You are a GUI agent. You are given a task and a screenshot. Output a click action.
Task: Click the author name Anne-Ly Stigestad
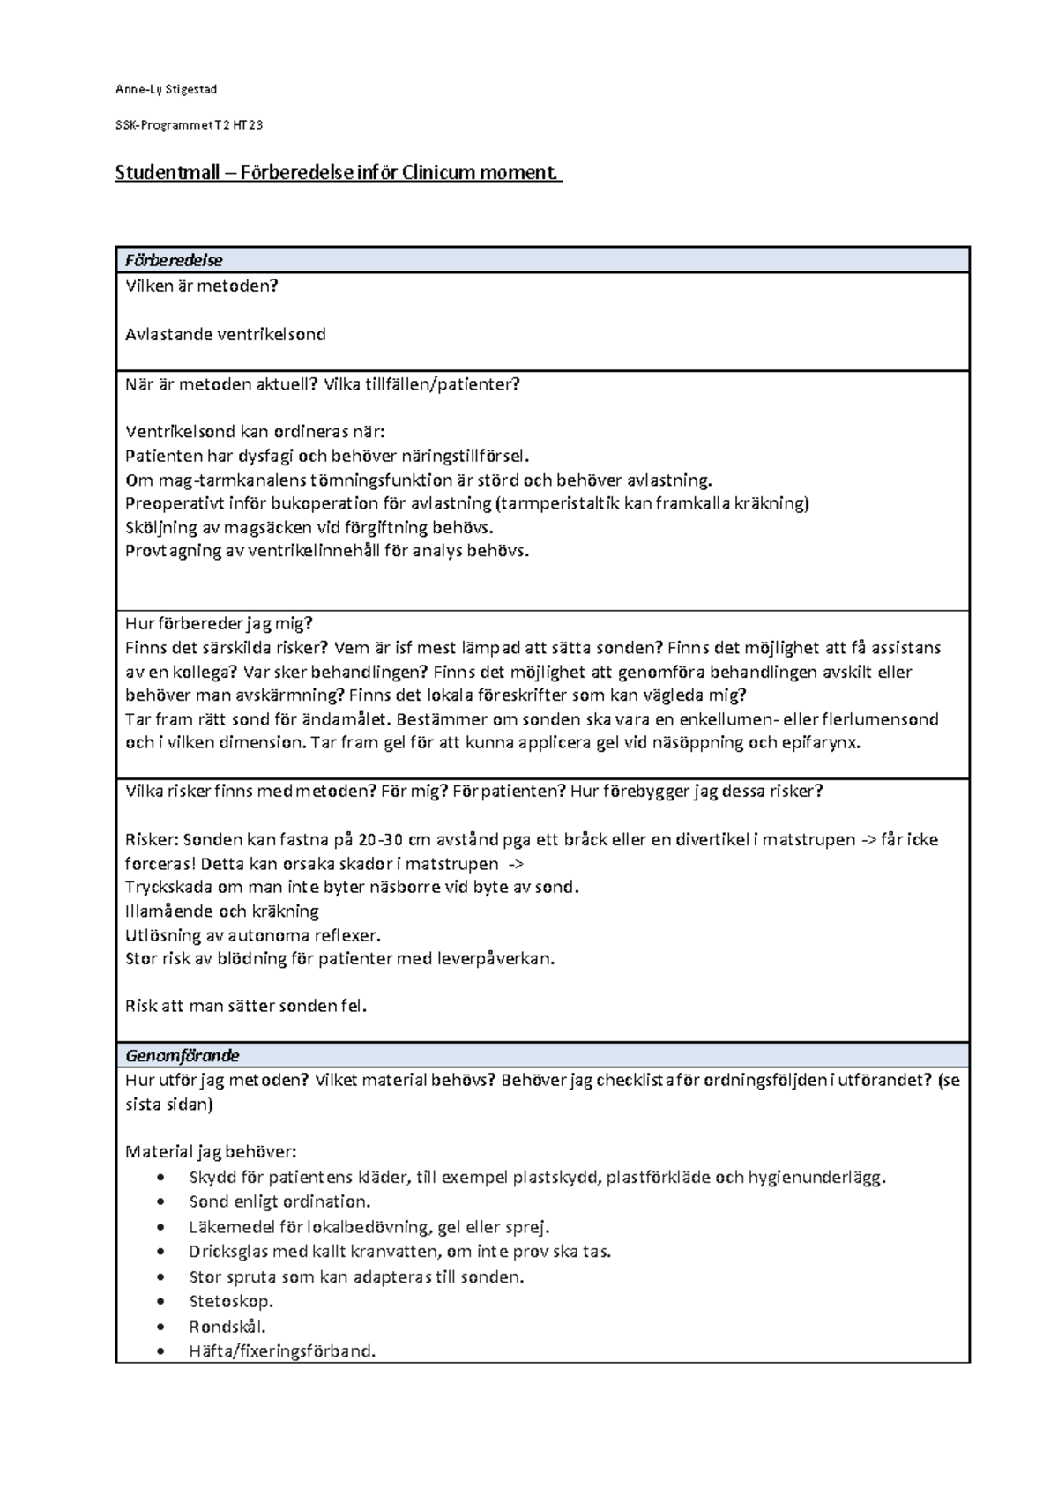[x=166, y=89]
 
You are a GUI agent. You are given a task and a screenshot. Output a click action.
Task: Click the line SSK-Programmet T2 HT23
[x=189, y=125]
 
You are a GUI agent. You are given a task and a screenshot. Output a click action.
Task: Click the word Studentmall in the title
[x=167, y=172]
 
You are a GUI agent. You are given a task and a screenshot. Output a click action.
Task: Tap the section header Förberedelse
[x=174, y=260]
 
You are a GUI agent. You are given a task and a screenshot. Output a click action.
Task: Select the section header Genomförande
[x=183, y=1055]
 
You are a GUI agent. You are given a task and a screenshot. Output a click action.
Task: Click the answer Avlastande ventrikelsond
[x=226, y=334]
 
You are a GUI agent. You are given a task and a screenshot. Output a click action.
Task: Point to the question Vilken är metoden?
[x=202, y=286]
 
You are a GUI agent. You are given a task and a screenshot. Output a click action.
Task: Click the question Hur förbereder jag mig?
[x=219, y=623]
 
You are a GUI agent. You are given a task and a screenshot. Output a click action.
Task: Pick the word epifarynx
[x=820, y=742]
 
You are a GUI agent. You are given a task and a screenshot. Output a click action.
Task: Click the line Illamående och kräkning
[x=222, y=911]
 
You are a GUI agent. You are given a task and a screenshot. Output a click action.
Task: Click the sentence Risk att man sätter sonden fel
[x=246, y=1005]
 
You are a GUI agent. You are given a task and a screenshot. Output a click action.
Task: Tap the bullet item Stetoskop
[x=231, y=1301]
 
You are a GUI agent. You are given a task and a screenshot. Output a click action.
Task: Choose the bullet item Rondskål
[x=227, y=1326]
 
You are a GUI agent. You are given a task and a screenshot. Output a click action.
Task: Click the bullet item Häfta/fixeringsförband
[x=282, y=1350]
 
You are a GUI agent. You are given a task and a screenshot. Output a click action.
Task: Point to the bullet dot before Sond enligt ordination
[x=159, y=1201]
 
